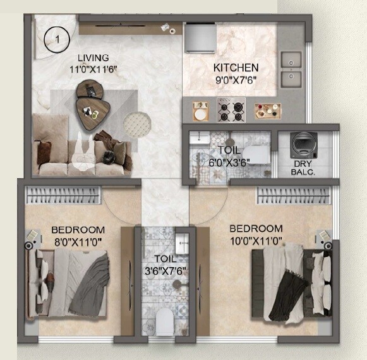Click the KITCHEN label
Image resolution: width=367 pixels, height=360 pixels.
[x=236, y=68]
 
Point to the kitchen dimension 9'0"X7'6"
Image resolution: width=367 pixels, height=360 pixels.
[x=236, y=80]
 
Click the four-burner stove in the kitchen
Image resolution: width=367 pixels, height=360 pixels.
[x=231, y=110]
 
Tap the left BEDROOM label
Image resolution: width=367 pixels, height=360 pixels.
[x=78, y=229]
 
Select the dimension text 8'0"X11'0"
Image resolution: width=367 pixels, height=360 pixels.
[x=78, y=241]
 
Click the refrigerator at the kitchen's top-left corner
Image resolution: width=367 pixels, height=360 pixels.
[x=197, y=37]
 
